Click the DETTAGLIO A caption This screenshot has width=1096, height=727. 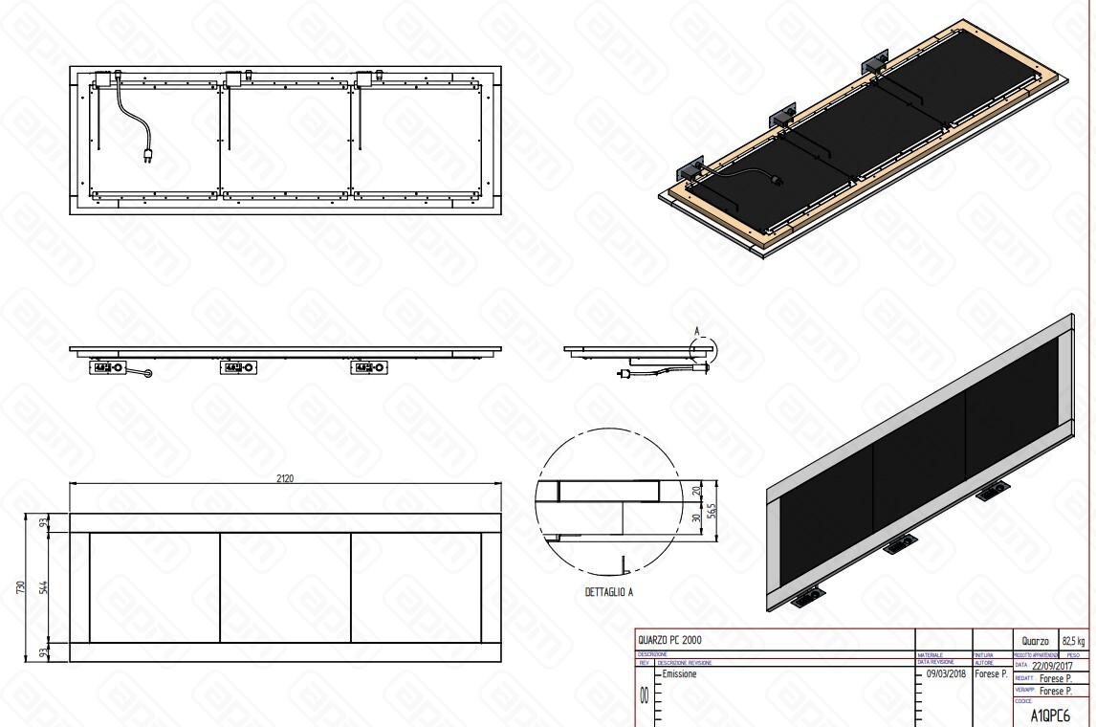point(609,593)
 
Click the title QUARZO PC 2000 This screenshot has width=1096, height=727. point(674,640)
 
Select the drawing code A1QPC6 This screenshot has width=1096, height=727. point(1049,715)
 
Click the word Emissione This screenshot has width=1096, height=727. point(680,673)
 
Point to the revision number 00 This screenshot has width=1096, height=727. point(645,696)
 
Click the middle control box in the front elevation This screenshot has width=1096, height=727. point(238,366)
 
